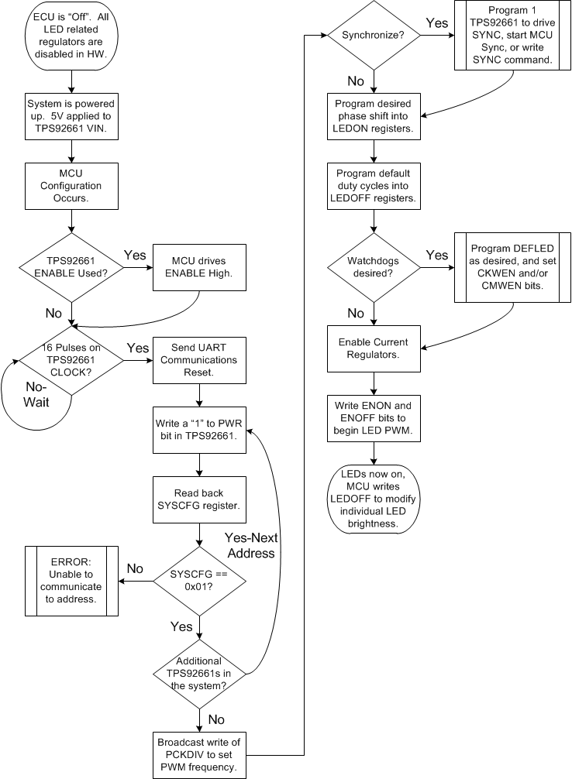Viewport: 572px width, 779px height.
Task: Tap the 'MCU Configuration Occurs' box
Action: point(71,186)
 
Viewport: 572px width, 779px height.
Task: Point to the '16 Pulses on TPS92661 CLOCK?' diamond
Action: point(71,359)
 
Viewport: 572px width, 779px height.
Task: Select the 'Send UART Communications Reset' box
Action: point(200,359)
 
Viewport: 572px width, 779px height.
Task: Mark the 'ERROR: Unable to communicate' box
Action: point(71,581)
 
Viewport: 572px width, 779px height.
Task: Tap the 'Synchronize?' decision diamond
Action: point(374,36)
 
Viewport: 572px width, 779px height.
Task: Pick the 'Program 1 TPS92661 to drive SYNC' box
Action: point(512,36)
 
